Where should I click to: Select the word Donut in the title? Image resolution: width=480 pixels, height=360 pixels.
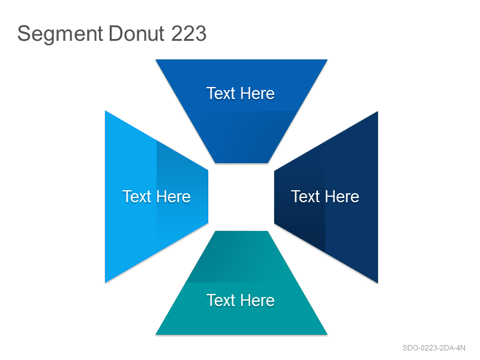[137, 34]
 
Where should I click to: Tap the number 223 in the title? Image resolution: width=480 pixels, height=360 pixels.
[188, 34]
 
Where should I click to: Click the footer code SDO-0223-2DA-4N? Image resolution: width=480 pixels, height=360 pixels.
[434, 348]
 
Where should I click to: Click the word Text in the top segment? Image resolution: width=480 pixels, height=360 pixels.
[220, 94]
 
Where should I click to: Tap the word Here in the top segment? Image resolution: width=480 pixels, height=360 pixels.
[257, 94]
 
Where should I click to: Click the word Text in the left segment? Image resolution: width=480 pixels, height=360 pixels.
[137, 197]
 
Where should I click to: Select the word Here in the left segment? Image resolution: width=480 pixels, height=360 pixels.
[173, 197]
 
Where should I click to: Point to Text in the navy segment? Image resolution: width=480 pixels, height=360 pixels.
[305, 197]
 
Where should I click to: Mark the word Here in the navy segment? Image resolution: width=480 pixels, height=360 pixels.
[341, 197]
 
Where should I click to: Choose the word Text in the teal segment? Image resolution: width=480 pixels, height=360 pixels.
[220, 301]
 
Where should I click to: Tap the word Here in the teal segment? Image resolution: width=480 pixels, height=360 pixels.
[257, 301]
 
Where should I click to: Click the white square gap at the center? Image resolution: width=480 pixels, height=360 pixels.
[241, 197]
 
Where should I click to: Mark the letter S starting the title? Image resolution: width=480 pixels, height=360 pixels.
[24, 34]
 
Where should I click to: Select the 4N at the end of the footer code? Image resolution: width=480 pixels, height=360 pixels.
[461, 348]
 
